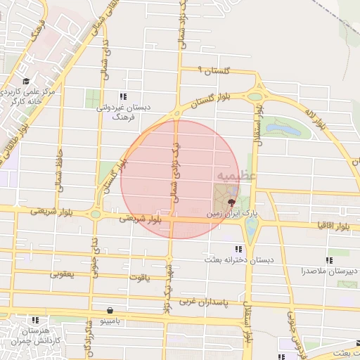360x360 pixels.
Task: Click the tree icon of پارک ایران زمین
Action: pos(233,200)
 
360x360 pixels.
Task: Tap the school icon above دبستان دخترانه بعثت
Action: pos(239,249)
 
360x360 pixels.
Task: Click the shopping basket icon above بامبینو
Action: pos(110,310)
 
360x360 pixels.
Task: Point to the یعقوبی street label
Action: pos(63,274)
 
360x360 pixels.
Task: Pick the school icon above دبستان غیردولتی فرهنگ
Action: pos(123,96)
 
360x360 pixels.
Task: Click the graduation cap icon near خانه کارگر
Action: pos(26,82)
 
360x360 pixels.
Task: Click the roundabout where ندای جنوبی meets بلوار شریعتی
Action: pos(95,214)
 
